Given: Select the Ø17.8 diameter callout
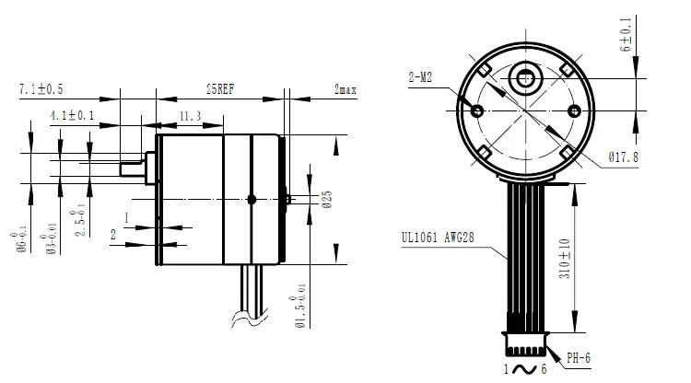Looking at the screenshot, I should [x=624, y=157].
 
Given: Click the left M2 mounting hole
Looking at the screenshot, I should [x=478, y=110].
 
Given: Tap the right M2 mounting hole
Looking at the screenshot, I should [x=573, y=110].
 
